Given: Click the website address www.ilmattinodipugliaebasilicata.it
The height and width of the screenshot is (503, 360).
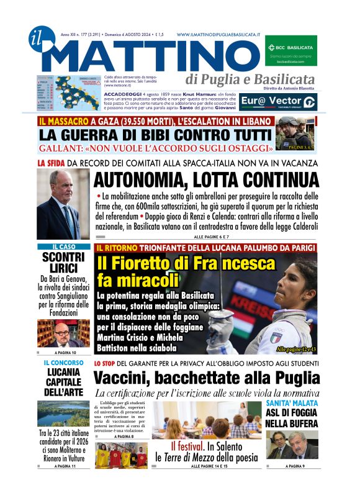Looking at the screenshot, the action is point(218,35).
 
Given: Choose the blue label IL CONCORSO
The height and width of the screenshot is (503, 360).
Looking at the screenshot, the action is point(60,362).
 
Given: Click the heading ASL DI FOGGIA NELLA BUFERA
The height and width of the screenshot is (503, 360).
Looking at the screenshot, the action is point(292,419).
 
